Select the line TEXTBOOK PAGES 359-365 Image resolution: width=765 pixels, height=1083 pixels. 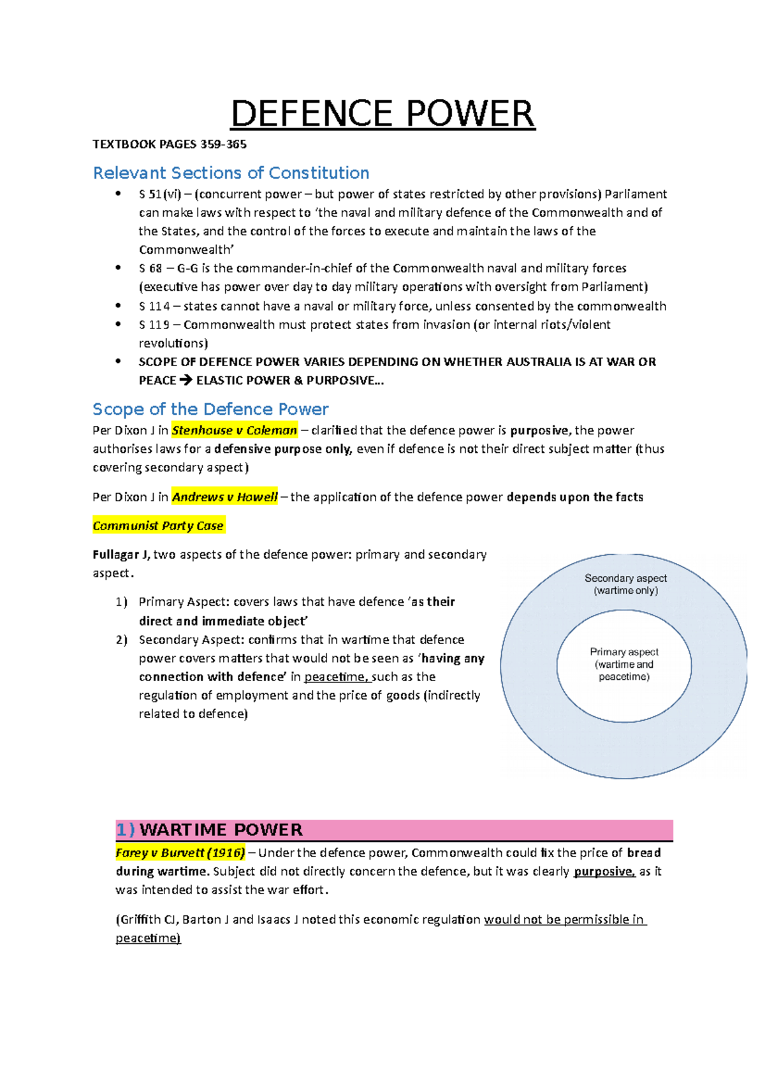170,144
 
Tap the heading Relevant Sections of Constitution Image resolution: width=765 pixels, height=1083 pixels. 231,173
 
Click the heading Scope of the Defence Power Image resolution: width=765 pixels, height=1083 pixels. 210,409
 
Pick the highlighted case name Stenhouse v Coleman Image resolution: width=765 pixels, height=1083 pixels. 235,431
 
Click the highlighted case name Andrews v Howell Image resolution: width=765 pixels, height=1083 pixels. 225,497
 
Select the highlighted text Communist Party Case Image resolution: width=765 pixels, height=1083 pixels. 158,526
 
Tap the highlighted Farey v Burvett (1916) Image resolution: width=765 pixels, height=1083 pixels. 180,853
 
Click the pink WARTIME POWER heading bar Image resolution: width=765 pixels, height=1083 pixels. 394,830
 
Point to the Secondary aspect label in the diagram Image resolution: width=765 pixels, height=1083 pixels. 625,578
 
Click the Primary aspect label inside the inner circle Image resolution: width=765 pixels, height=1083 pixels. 624,652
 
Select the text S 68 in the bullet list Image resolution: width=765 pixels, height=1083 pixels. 150,269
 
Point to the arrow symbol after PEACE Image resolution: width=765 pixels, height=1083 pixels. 186,381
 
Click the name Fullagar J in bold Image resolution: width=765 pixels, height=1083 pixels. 120,555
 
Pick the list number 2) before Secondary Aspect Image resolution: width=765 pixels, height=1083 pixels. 122,640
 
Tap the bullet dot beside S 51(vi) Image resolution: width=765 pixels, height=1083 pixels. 118,194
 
